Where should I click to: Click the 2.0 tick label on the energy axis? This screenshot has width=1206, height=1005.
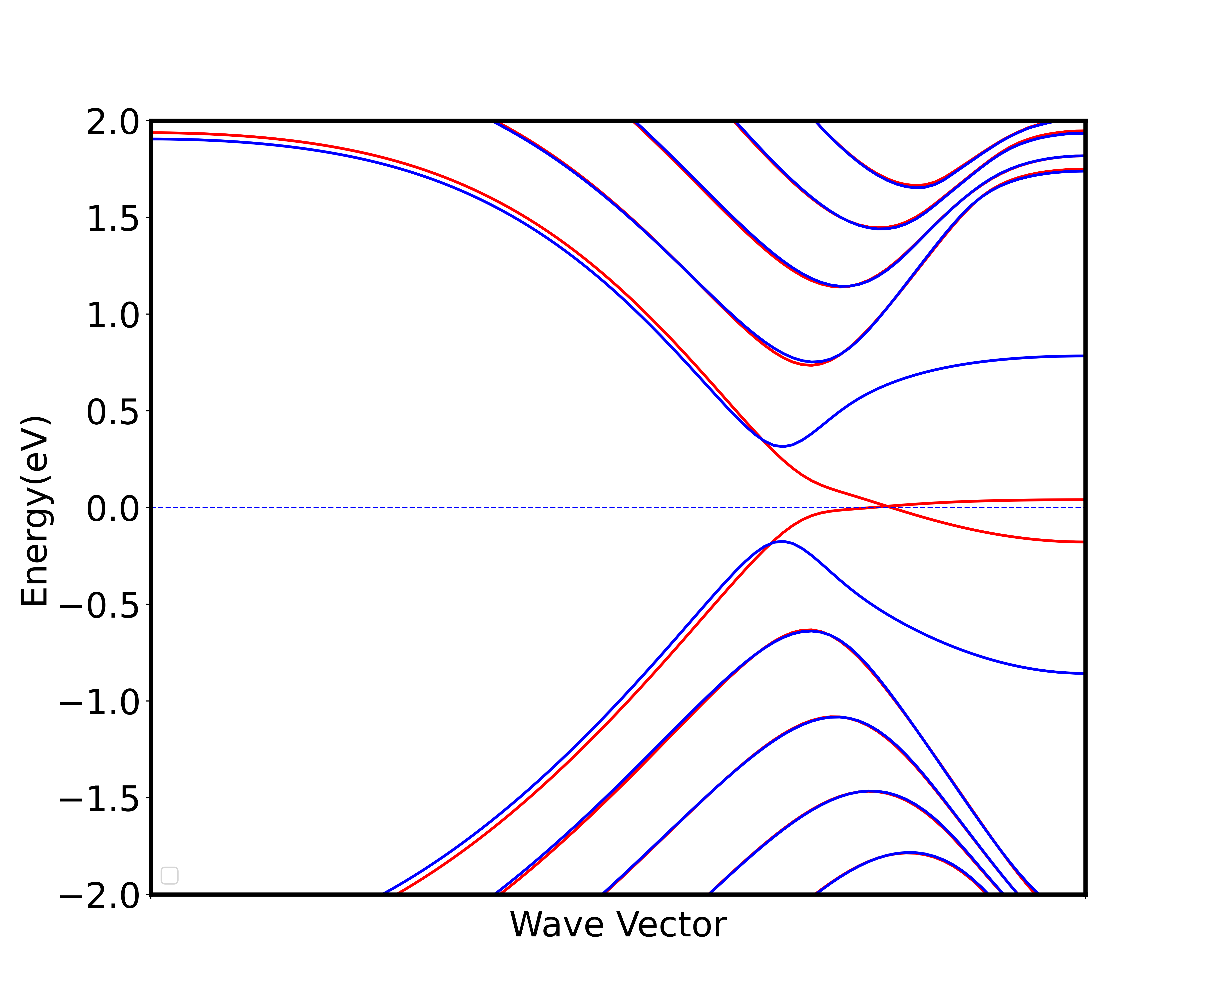pyautogui.click(x=113, y=123)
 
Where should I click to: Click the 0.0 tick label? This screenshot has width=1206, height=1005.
pyautogui.click(x=113, y=509)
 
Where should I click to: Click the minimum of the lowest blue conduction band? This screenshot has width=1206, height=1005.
pyautogui.click(x=783, y=446)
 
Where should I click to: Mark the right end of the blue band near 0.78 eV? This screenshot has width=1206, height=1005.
pyautogui.click(x=1083, y=356)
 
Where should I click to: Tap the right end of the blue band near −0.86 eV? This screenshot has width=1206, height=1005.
pyautogui.click(x=1083, y=673)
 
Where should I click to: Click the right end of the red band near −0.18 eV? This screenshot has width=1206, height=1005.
pyautogui.click(x=1083, y=541)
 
